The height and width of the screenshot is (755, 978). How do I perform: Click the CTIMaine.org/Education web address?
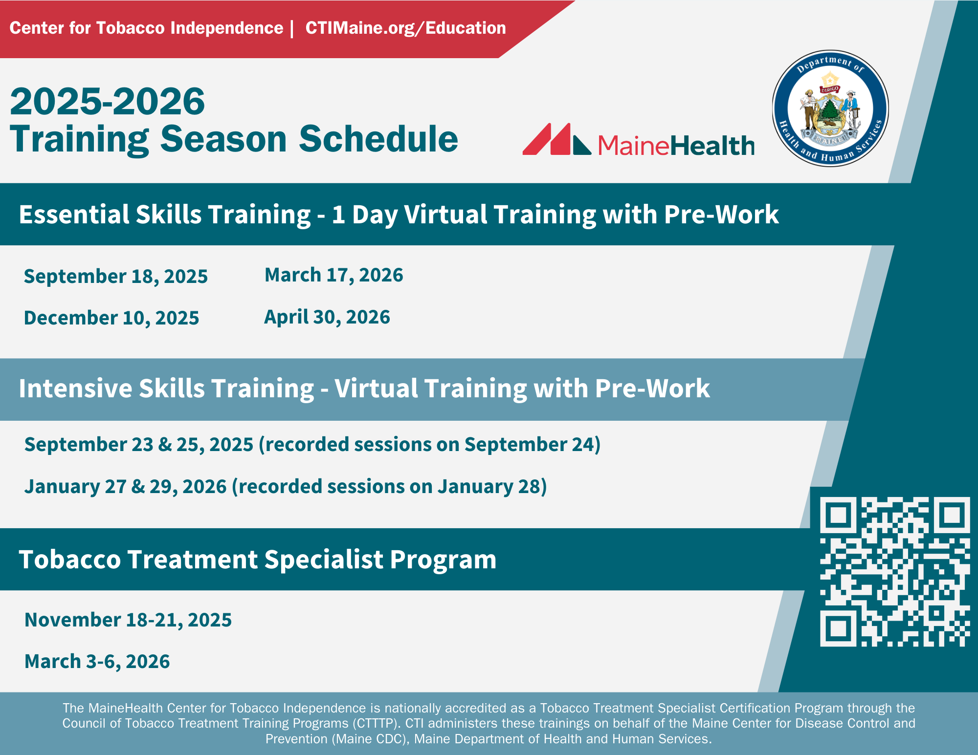405,28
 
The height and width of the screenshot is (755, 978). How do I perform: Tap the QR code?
894,572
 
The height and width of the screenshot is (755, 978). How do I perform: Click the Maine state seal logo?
830,108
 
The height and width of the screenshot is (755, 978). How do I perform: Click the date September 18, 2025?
116,277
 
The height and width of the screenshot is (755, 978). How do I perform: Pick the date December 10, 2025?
111,318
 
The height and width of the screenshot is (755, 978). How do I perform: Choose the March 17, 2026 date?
334,275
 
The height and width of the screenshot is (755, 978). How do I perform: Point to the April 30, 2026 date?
327,317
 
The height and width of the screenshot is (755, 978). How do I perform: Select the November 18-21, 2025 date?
128,620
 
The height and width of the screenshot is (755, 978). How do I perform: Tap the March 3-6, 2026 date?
97,662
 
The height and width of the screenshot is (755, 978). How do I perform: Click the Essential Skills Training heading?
399,215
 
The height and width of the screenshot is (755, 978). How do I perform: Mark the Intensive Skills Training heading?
364,389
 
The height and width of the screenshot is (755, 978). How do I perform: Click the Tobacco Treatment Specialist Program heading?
258,560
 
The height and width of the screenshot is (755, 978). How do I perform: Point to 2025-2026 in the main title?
108,101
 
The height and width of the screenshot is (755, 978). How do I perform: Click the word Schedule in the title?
378,139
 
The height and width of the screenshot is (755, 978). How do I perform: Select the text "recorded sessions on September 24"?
429,445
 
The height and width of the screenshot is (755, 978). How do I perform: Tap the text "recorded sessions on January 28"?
389,487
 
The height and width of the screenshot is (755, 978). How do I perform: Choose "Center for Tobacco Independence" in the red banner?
146,28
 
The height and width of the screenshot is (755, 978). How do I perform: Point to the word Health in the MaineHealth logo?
712,146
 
